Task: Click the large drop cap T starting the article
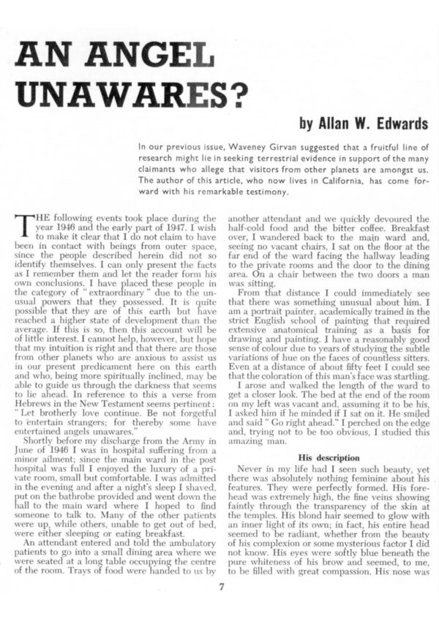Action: click(x=23, y=220)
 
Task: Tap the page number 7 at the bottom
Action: click(x=220, y=585)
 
